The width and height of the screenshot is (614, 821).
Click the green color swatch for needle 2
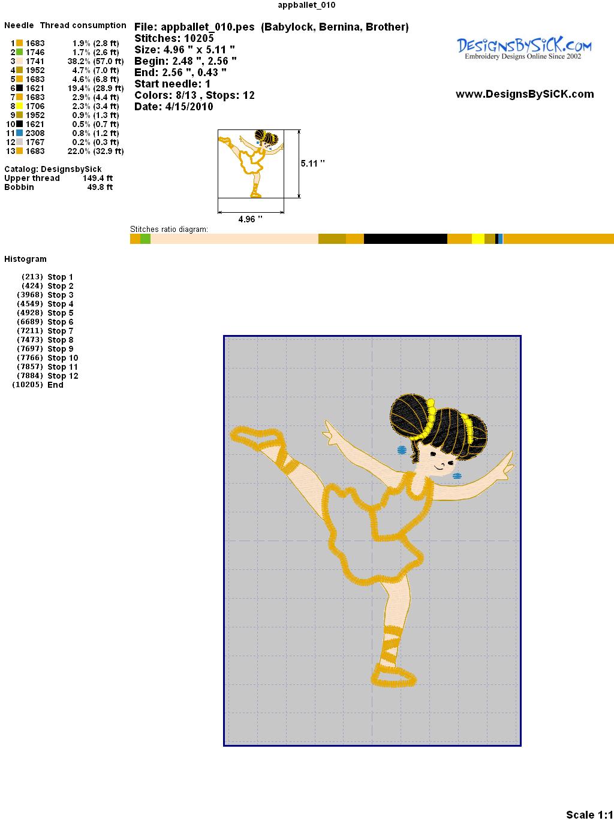(19, 52)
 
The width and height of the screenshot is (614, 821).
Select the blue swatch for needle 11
(19, 133)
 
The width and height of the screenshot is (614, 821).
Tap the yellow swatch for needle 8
(19, 106)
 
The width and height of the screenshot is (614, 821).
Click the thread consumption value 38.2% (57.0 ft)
(95, 61)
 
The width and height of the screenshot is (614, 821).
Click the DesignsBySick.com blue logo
(524, 49)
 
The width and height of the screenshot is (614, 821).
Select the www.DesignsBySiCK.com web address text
(525, 94)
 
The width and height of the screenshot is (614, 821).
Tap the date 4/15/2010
(189, 107)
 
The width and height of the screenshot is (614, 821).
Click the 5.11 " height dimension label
(312, 164)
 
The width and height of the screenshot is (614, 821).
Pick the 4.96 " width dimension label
(250, 219)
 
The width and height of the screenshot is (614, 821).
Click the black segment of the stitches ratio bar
(405, 239)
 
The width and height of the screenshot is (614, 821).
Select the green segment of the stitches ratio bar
(146, 239)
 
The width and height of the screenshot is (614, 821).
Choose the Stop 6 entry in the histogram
(46, 322)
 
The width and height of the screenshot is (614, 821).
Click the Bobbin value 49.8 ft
(100, 187)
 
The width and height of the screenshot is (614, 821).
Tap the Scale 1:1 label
(589, 814)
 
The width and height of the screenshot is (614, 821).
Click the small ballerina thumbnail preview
(251, 164)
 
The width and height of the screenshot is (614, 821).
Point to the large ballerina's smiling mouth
(439, 467)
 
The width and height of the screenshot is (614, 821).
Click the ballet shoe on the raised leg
(256, 437)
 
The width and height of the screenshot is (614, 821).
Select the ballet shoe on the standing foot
(393, 676)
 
